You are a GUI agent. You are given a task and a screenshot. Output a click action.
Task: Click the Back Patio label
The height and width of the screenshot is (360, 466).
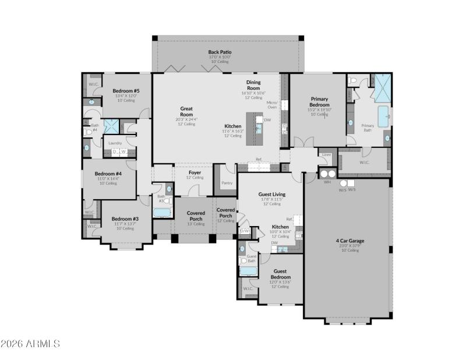coord(220,52)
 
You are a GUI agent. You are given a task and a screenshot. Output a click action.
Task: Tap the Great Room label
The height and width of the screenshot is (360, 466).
coord(186,111)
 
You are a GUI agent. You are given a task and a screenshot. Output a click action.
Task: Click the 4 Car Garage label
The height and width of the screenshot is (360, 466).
coord(349,241)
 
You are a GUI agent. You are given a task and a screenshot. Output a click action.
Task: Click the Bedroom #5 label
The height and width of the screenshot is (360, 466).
coord(126,91)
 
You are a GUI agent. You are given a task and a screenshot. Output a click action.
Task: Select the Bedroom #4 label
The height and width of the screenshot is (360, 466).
coord(108,174)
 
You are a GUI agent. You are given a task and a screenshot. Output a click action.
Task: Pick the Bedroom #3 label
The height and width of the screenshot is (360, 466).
coord(125,219)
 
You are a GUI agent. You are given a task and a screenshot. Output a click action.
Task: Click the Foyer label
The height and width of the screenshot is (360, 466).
coord(195,172)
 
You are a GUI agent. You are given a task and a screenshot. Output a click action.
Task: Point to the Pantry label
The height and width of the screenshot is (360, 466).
coord(227,183)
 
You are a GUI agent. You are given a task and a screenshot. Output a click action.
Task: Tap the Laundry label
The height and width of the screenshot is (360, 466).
coord(115,143)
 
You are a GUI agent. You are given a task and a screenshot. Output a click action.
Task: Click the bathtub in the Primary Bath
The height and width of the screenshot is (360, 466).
coord(384,117)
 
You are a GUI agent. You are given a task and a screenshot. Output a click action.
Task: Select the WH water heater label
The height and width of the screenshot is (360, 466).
coord(327,182)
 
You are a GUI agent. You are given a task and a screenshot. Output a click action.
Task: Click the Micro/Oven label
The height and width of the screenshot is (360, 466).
coord(272,105)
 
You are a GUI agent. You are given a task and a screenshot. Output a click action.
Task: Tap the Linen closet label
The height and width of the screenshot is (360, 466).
coord(326,154)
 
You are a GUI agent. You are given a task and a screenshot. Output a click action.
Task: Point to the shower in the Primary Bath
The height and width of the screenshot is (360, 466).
coord(382,88)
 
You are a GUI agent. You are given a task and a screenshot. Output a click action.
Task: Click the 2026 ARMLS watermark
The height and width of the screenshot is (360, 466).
coord(30,344)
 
